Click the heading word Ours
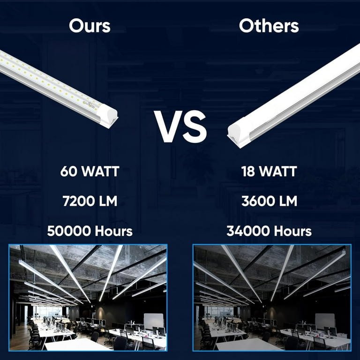pos(90,26)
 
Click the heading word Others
pos(269,26)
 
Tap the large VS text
pos(180,127)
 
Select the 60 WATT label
pos(90,171)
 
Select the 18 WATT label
pos(269,171)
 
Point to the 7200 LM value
pos(90,201)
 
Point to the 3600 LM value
pos(269,201)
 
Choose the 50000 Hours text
pos(90,231)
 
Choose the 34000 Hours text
pos(269,231)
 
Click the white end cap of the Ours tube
pos(107,116)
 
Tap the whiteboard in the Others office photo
pos(325,322)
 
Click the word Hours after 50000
pos(113,231)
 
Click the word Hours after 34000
pos(292,231)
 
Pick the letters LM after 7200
pos(108,201)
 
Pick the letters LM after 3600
pos(288,201)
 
